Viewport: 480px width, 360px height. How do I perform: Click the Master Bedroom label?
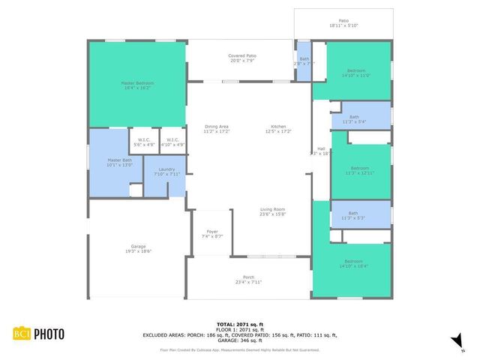click(136, 85)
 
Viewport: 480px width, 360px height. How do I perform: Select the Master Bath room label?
click(119, 162)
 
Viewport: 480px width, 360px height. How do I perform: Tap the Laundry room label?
click(167, 172)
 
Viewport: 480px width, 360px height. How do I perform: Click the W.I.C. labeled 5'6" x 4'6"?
click(142, 142)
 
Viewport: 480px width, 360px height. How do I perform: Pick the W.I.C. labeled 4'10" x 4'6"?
click(172, 142)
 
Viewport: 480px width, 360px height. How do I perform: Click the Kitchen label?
click(278, 128)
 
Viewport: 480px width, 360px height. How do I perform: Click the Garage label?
click(138, 250)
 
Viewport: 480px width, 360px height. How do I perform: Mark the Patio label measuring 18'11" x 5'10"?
click(343, 23)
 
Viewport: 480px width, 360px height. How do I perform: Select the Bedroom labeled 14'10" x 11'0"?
click(356, 73)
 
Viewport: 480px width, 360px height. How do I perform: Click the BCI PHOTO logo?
click(37, 334)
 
